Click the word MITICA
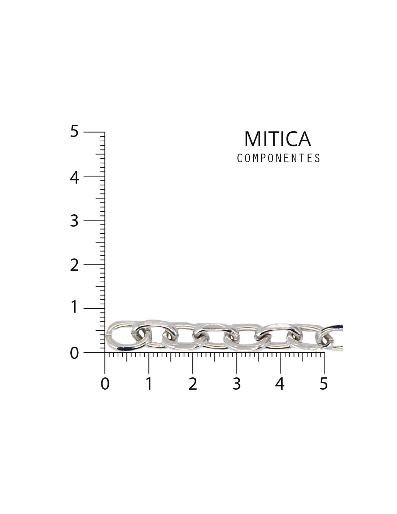[277, 139]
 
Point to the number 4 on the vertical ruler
[74, 177]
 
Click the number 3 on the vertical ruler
[74, 222]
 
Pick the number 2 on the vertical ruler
[74, 265]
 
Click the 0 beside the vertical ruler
[74, 354]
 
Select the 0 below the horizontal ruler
[105, 384]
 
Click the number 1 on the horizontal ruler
[149, 384]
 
